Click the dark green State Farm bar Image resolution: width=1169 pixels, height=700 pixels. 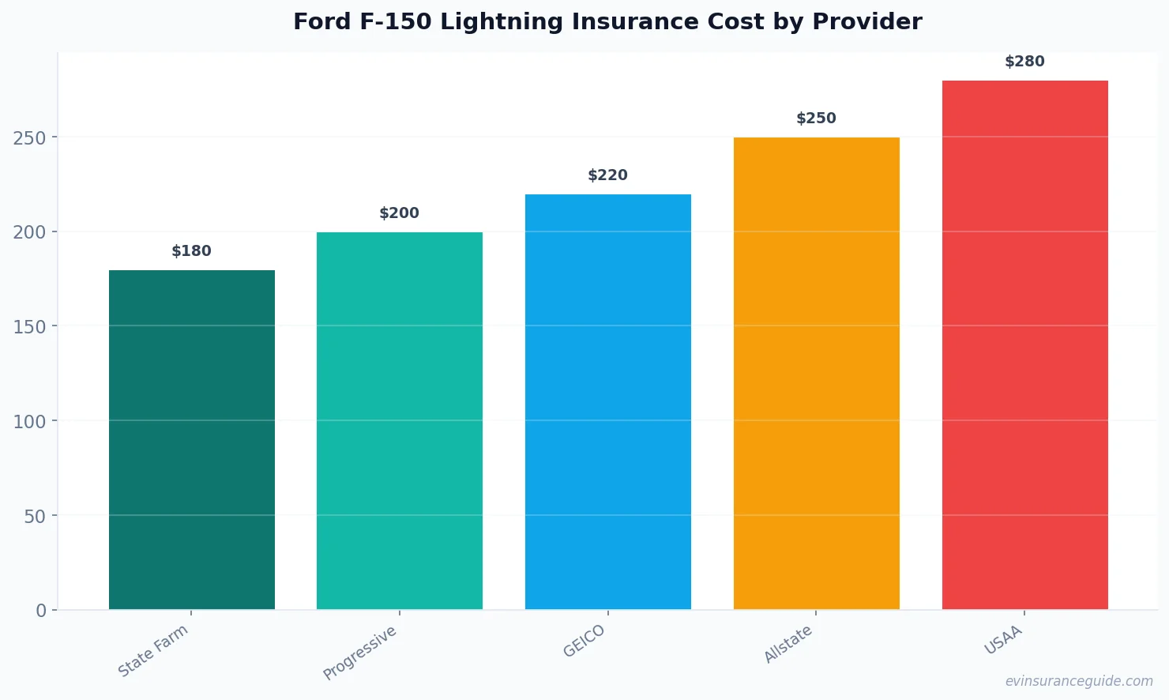pyautogui.click(x=192, y=439)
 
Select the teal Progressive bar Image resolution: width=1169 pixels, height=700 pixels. pyautogui.click(x=400, y=420)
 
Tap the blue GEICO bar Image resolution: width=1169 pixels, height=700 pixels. pyautogui.click(x=608, y=401)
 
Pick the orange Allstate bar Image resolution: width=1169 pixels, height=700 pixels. pyautogui.click(x=816, y=373)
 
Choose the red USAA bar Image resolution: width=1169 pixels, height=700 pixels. pyautogui.click(x=1024, y=344)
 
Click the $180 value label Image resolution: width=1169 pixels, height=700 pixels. pyautogui.click(x=192, y=251)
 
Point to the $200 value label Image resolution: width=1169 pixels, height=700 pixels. pyautogui.click(x=400, y=213)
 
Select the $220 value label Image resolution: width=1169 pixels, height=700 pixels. pyautogui.click(x=608, y=175)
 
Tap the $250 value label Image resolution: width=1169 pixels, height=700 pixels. pyautogui.click(x=816, y=119)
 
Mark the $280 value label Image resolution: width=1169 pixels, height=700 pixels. pyautogui.click(x=1024, y=62)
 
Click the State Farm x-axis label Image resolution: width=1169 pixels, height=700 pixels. pyautogui.click(x=153, y=650)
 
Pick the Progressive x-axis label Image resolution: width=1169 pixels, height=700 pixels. pyautogui.click(x=360, y=653)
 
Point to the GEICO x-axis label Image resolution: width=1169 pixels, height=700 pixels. pyautogui.click(x=584, y=641)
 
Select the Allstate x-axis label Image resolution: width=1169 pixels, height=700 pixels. pyautogui.click(x=787, y=644)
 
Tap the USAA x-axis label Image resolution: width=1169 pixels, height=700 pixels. pyautogui.click(x=1003, y=640)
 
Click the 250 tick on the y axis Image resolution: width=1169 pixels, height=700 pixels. pyautogui.click(x=29, y=138)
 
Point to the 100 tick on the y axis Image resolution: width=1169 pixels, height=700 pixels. pyautogui.click(x=29, y=422)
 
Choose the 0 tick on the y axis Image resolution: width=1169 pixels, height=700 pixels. pyautogui.click(x=41, y=611)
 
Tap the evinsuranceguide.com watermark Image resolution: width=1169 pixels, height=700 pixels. pyautogui.click(x=1079, y=681)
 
